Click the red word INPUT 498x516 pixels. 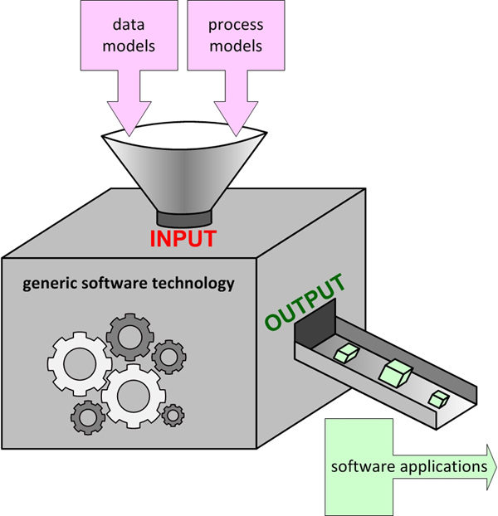coord(183,238)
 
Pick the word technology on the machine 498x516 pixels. coord(195,283)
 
